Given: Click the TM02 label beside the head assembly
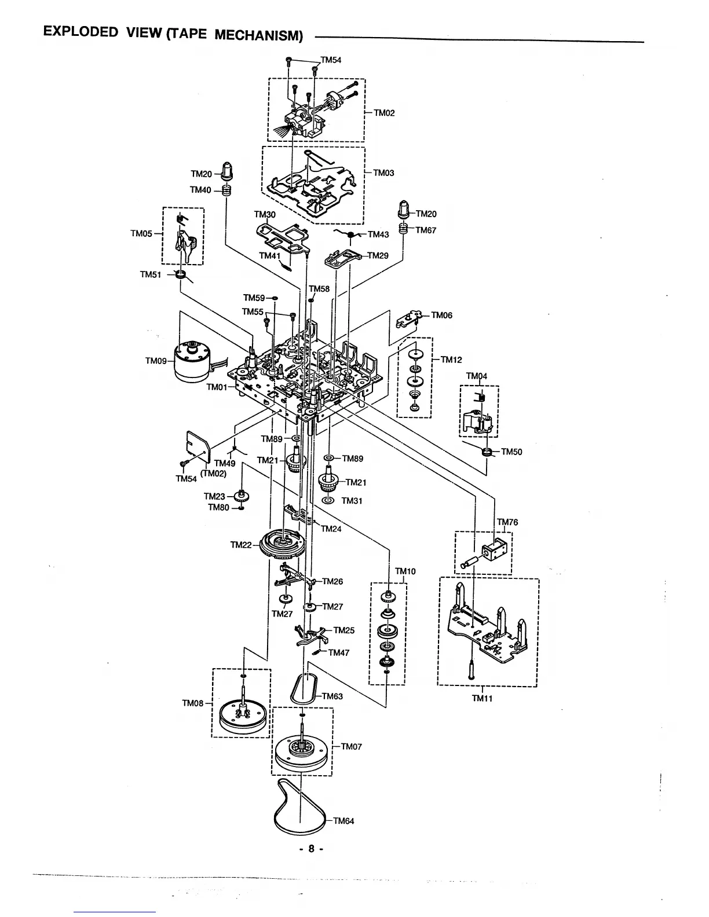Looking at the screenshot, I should pyautogui.click(x=384, y=113).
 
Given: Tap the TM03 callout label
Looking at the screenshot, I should pyautogui.click(x=383, y=173).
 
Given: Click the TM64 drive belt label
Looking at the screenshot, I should pyautogui.click(x=343, y=821).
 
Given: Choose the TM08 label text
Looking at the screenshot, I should pyautogui.click(x=193, y=703).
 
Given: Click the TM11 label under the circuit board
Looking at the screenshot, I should pyautogui.click(x=483, y=698).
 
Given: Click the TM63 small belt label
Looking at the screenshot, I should pyautogui.click(x=332, y=696).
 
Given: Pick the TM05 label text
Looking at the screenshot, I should pyautogui.click(x=141, y=234).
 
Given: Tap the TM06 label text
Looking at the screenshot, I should pyautogui.click(x=441, y=316).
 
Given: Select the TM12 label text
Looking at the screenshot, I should pyautogui.click(x=451, y=360).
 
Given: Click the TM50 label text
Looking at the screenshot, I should pyautogui.click(x=511, y=452).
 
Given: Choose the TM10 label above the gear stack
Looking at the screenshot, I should pyautogui.click(x=405, y=571).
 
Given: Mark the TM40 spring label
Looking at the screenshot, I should pyautogui.click(x=200, y=190).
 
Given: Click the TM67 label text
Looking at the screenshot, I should pyautogui.click(x=426, y=230).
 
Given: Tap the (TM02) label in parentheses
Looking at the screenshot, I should pyautogui.click(x=213, y=473).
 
